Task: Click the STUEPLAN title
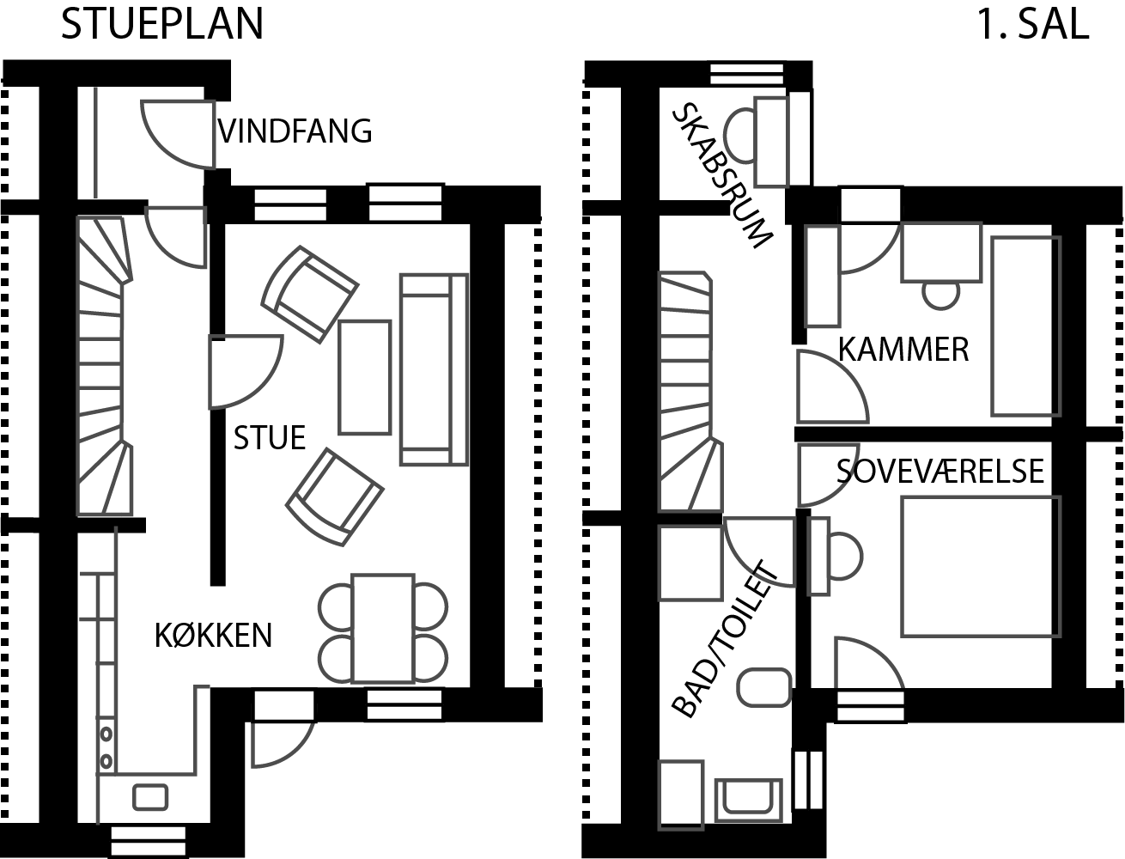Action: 162,23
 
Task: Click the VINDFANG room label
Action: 295,131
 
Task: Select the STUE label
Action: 270,438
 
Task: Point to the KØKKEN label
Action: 213,636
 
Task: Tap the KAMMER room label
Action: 903,350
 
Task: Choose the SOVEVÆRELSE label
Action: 940,471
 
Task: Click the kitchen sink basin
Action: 150,797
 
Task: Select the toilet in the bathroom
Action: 764,687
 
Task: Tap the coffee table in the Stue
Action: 365,378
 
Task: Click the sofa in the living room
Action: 434,369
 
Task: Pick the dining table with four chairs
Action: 383,629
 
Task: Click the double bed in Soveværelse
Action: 981,566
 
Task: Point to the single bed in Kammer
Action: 1025,326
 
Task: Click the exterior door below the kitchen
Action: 283,744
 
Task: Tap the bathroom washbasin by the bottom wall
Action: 748,801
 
